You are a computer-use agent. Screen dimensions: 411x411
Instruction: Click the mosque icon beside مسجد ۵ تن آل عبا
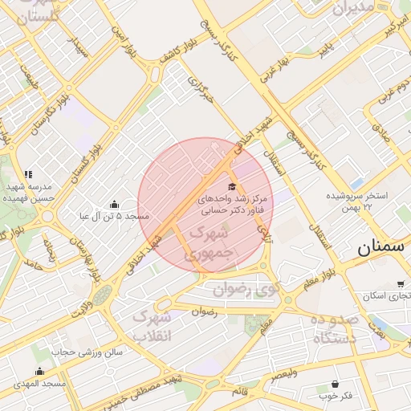113,204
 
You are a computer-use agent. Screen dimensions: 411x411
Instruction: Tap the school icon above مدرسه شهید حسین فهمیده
29,174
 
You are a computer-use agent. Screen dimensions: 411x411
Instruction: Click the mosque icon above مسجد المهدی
40,371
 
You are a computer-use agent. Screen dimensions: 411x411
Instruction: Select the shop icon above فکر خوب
336,384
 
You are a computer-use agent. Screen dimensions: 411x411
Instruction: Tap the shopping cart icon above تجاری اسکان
400,284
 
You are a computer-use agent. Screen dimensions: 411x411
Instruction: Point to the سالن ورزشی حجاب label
88,352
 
